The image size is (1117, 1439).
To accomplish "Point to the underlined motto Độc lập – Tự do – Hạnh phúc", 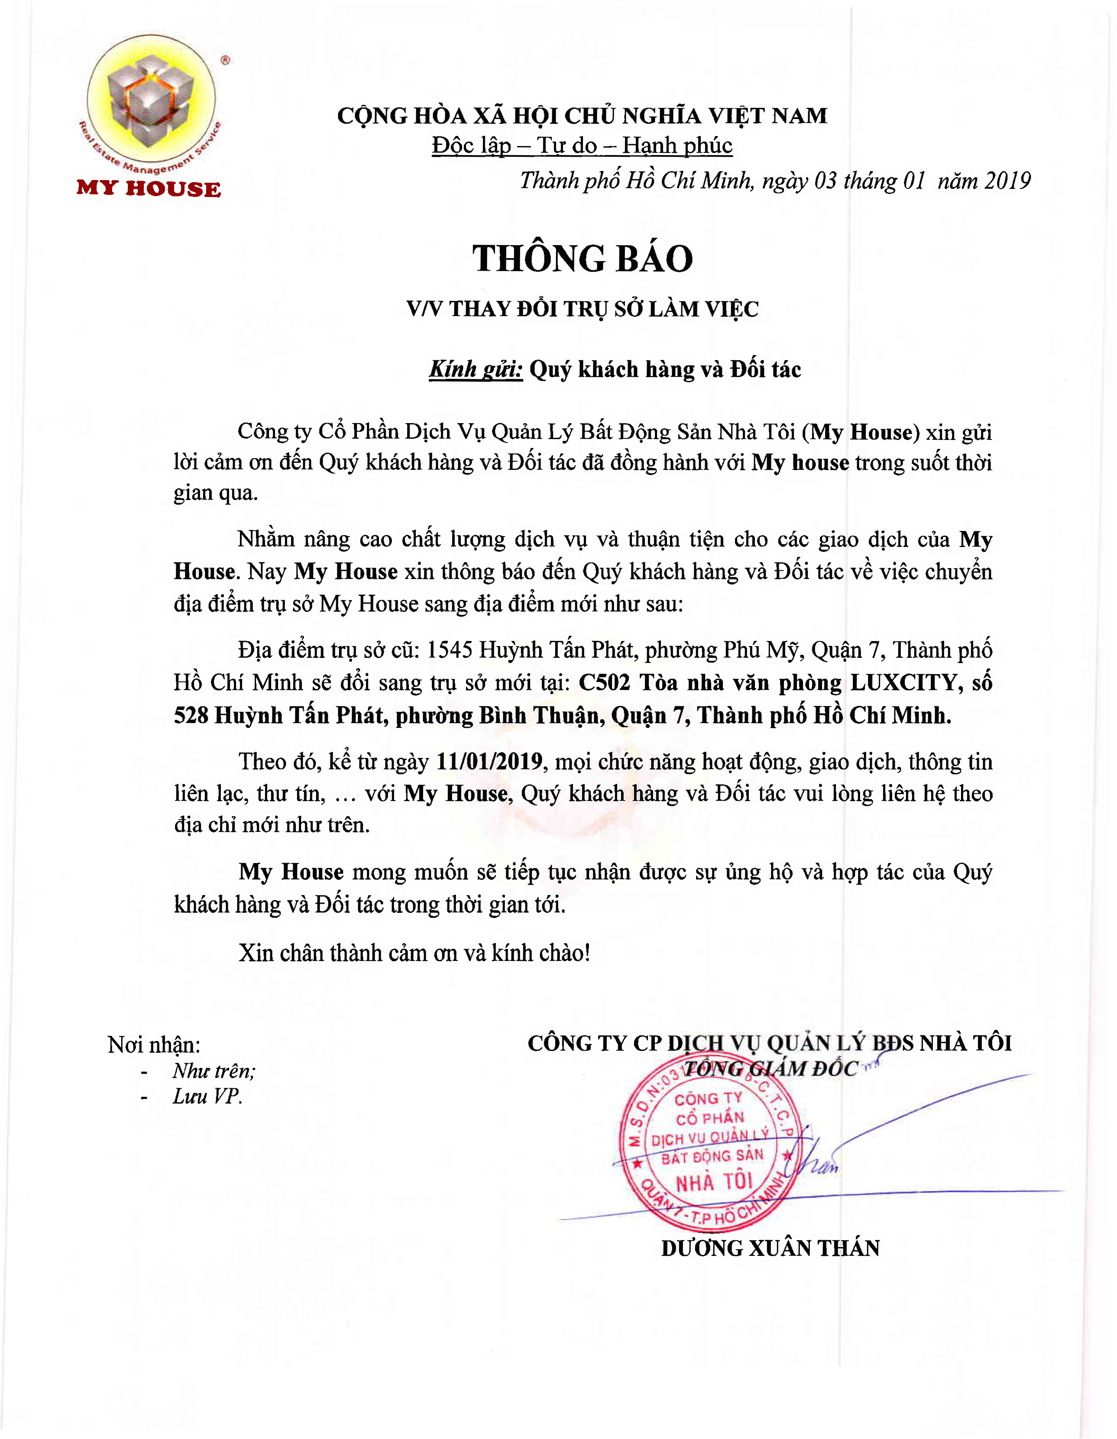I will (x=582, y=146).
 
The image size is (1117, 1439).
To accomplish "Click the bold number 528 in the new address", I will (x=191, y=715).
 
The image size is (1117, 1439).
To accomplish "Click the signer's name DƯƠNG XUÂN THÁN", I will (x=771, y=1248).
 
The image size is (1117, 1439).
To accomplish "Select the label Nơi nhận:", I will (x=154, y=1045).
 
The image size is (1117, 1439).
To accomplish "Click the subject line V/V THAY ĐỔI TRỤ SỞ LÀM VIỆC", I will (x=583, y=309).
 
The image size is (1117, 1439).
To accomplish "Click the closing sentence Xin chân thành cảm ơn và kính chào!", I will (x=414, y=953).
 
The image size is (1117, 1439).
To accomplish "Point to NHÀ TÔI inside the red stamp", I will (x=714, y=1183).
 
